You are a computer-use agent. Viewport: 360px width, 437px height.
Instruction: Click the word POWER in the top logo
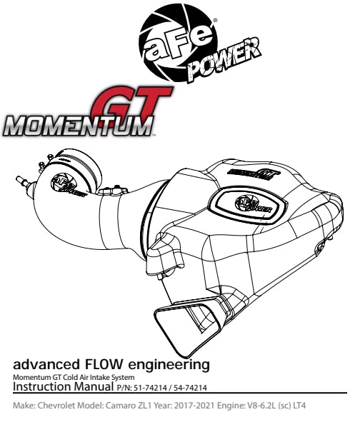coord(224,61)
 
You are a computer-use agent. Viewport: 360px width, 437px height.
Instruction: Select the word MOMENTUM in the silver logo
coord(78,126)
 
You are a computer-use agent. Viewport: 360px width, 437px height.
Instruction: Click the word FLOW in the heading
coord(103,364)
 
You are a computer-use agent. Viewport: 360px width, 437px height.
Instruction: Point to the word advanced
coord(46,364)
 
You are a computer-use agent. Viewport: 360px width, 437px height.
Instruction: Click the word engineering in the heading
coord(169,365)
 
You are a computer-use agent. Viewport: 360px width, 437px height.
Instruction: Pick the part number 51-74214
coord(150,388)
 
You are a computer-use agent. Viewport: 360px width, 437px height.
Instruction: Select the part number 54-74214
coord(190,388)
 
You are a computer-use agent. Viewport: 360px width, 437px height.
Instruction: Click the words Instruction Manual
coord(64,386)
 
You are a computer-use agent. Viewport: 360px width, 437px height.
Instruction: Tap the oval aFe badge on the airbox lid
coord(249,204)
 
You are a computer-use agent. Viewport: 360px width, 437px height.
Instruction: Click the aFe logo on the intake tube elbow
coord(67,186)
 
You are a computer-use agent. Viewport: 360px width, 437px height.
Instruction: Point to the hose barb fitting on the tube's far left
coord(23,181)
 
